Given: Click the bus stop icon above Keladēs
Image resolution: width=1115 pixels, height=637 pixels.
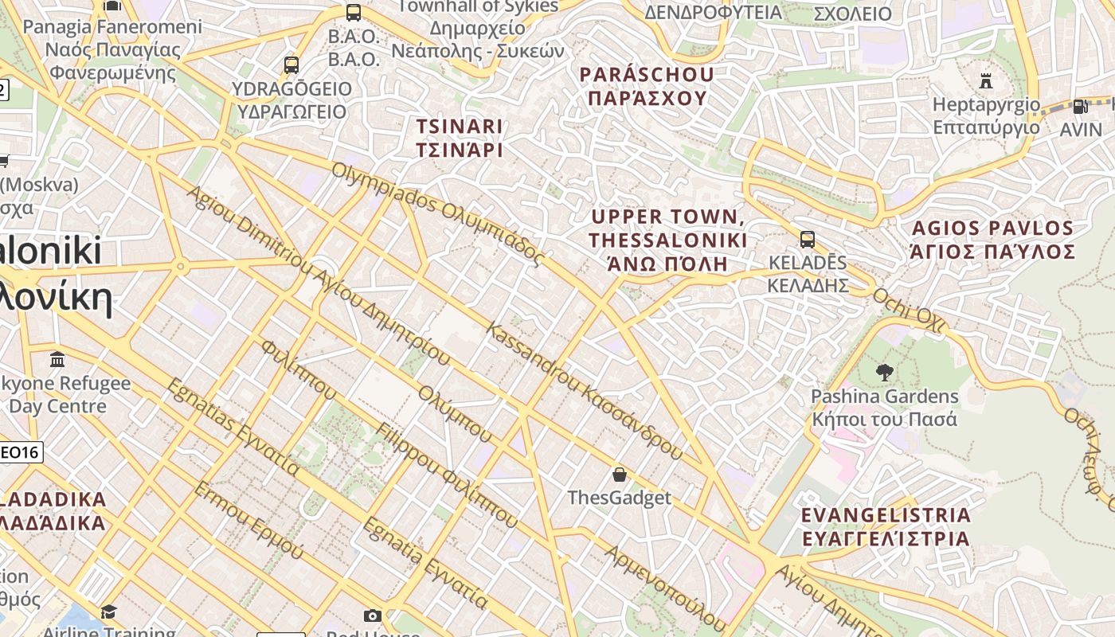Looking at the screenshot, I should pyautogui.click(x=807, y=239).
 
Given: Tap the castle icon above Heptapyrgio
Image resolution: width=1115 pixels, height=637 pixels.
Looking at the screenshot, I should pyautogui.click(x=986, y=80).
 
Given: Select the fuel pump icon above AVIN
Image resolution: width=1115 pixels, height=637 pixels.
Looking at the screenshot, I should pyautogui.click(x=1080, y=106).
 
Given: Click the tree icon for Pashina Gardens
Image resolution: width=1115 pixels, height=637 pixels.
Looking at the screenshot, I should pyautogui.click(x=884, y=372).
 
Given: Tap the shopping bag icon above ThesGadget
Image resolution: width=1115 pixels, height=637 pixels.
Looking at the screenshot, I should pyautogui.click(x=620, y=475).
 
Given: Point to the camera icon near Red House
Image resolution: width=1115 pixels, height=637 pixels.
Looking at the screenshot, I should pyautogui.click(x=372, y=616).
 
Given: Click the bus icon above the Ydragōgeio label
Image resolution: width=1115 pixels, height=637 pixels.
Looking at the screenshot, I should pyautogui.click(x=291, y=64).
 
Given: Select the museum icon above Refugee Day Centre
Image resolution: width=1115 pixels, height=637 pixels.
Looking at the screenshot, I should pyautogui.click(x=57, y=359).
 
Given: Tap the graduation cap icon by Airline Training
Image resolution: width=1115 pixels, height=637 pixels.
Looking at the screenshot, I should pyautogui.click(x=108, y=612).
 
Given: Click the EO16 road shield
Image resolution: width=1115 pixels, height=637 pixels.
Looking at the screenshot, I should pyautogui.click(x=21, y=452).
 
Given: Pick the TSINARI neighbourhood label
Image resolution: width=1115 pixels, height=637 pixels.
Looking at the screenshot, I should pyautogui.click(x=460, y=126).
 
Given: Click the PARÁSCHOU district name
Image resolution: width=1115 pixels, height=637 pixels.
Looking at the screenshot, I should pyautogui.click(x=647, y=75).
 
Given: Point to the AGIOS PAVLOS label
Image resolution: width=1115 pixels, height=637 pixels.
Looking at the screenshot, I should pyautogui.click(x=992, y=229).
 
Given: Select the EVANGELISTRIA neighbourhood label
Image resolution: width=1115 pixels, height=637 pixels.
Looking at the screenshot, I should pyautogui.click(x=886, y=514).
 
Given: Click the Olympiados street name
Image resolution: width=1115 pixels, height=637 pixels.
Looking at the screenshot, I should pyautogui.click(x=378, y=188).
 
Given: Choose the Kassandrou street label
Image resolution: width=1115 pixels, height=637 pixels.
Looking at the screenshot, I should pyautogui.click(x=530, y=356).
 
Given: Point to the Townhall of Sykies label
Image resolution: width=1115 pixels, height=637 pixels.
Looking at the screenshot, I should pyautogui.click(x=478, y=6).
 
